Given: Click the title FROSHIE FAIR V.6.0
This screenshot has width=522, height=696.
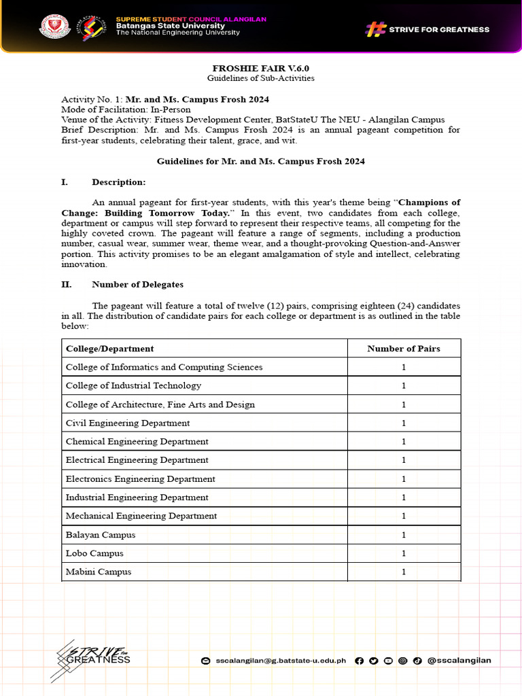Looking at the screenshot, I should point(261,68).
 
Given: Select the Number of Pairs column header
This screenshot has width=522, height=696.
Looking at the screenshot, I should point(403,349).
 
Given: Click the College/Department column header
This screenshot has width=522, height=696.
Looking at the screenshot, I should point(109,349).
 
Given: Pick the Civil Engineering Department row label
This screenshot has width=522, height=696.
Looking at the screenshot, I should point(127,423).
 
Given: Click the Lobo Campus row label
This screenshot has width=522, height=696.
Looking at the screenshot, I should point(94,553).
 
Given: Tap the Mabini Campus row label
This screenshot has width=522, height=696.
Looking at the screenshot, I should point(98,572).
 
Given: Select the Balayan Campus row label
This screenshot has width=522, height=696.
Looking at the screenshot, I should point(100,535).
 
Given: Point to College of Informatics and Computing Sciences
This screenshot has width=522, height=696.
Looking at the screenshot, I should point(164,367).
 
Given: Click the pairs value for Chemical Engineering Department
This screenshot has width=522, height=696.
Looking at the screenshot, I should point(403,442).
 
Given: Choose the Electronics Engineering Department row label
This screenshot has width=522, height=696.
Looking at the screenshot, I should point(140,479).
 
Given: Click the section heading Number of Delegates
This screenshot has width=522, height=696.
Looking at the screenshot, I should point(137,285).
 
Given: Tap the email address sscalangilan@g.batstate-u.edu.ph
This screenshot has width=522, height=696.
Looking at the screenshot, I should point(280,660).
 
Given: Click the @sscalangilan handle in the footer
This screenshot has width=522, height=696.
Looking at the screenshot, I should point(459,660).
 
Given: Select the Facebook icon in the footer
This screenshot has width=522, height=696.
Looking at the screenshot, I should point(359,660).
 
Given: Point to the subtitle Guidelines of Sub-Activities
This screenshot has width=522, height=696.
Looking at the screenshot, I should point(261,78).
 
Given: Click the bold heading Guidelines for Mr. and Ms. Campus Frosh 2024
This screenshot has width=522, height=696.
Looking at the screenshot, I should point(261,161).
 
